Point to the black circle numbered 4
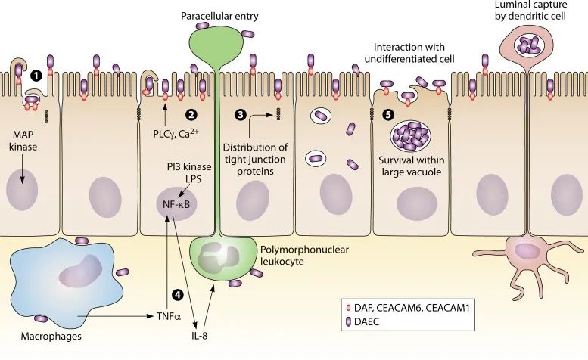point(178,294)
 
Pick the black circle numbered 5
point(389,115)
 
